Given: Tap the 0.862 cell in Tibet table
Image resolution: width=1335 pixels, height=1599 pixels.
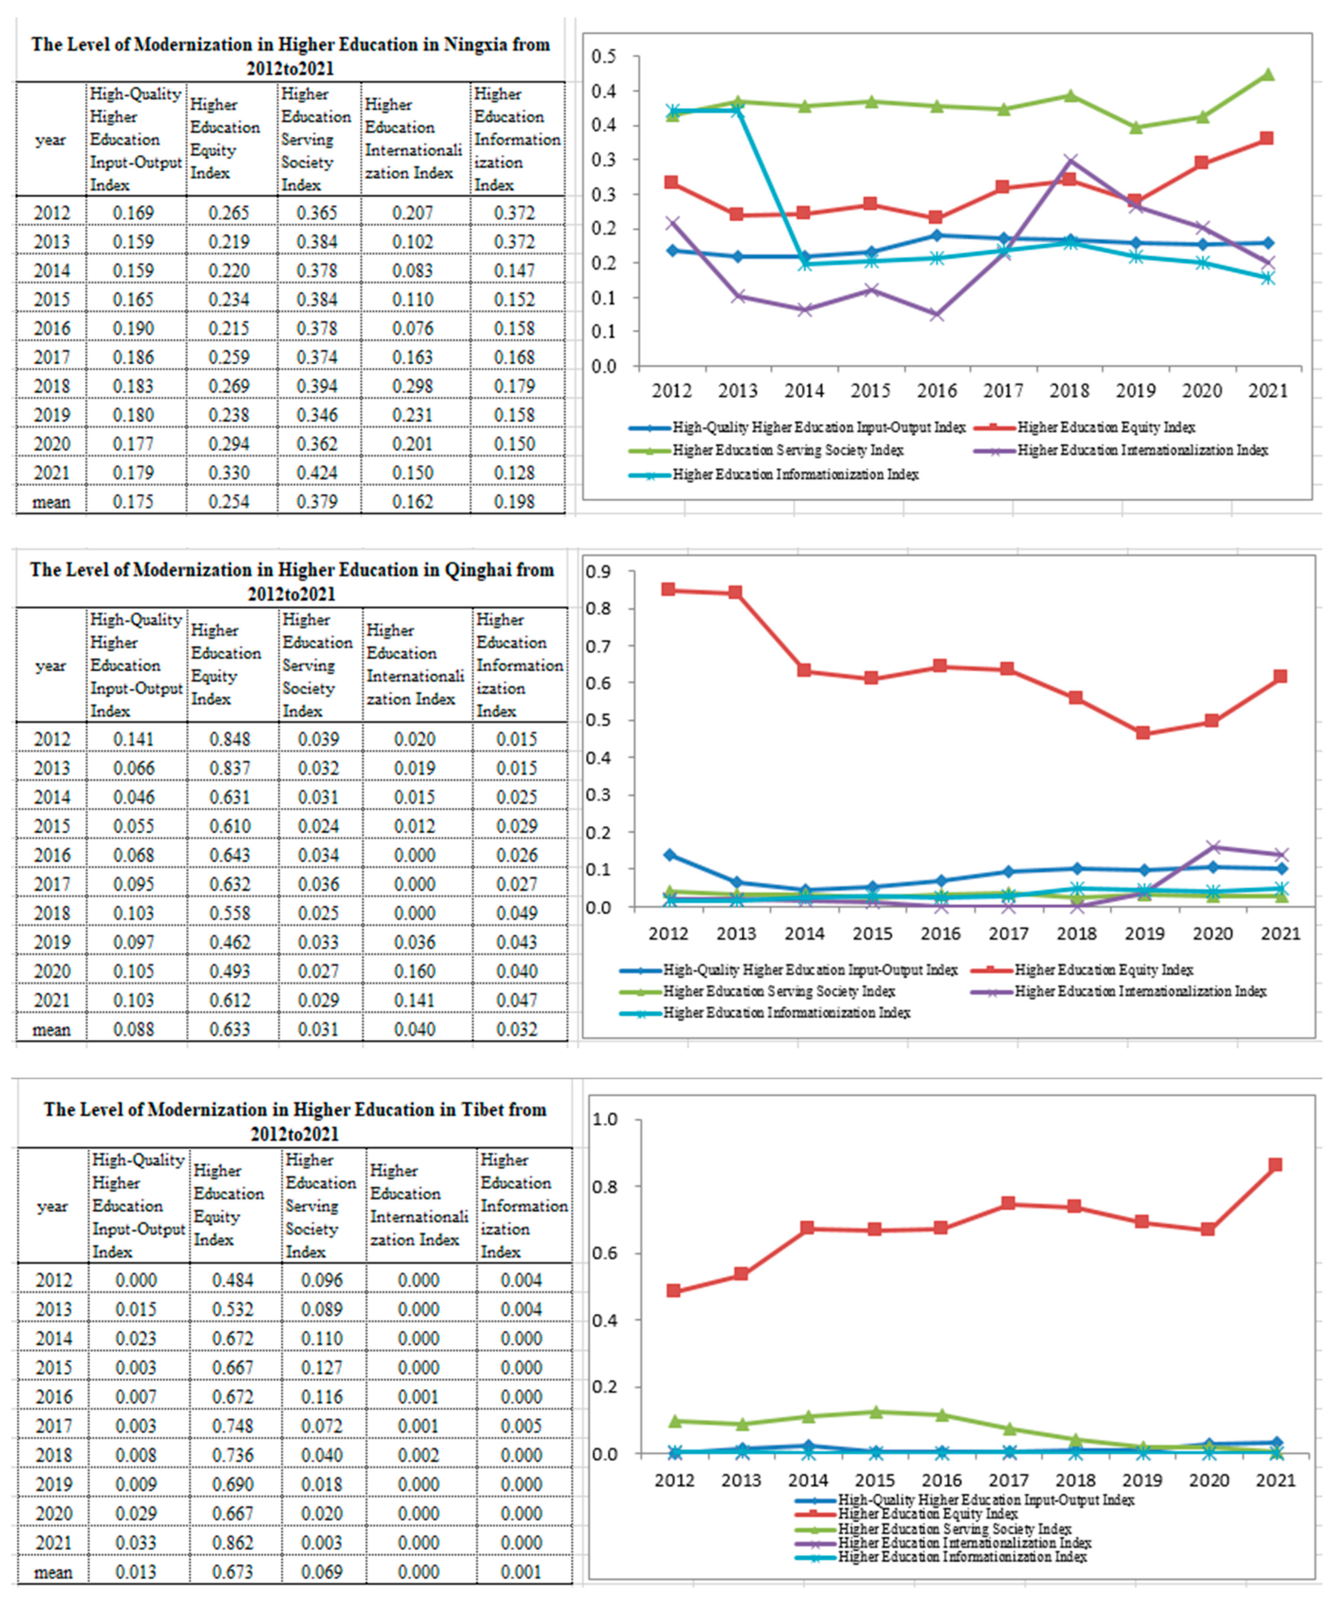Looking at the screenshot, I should (x=233, y=1543).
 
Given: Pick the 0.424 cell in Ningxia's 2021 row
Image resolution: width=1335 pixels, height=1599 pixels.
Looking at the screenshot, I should (x=317, y=473).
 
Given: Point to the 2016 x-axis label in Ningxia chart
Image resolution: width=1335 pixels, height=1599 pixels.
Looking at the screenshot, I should (x=937, y=391).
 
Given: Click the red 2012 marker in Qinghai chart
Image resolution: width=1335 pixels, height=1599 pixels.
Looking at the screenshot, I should (x=669, y=589).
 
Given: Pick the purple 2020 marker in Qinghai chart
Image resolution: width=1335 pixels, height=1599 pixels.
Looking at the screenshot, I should (x=1212, y=847).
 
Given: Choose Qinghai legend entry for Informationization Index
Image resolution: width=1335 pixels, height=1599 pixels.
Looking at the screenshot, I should (x=786, y=1013).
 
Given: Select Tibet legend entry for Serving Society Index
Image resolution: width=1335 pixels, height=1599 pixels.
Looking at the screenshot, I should (x=954, y=1529).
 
